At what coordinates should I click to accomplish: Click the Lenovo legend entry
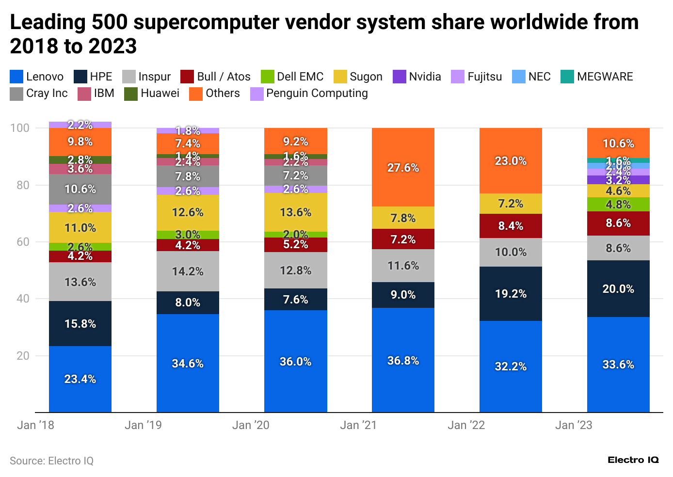[x=37, y=77]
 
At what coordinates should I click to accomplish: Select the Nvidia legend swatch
[x=399, y=77]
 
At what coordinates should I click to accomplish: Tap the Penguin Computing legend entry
[x=309, y=93]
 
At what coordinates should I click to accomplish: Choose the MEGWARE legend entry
[x=597, y=77]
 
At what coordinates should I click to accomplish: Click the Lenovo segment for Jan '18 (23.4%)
[x=80, y=379]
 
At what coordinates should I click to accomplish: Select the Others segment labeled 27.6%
[x=403, y=167]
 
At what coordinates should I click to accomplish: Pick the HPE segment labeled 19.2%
[x=511, y=294]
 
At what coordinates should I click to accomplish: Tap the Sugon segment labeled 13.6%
[x=295, y=212]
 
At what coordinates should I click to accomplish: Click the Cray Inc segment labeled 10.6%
[x=80, y=189]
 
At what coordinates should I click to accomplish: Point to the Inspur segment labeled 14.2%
[x=188, y=271]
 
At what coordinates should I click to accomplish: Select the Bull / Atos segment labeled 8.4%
[x=511, y=226]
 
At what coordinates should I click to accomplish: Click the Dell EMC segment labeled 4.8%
[x=618, y=204]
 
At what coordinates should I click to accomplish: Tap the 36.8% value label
[x=403, y=361]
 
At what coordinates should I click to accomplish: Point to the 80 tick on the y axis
[x=23, y=185]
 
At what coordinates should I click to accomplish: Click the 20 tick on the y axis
[x=23, y=355]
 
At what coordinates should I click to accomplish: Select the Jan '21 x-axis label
[x=358, y=425]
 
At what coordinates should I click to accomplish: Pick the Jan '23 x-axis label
[x=574, y=425]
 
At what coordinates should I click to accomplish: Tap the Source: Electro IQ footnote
[x=51, y=461]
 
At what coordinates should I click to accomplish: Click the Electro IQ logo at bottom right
[x=633, y=460]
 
